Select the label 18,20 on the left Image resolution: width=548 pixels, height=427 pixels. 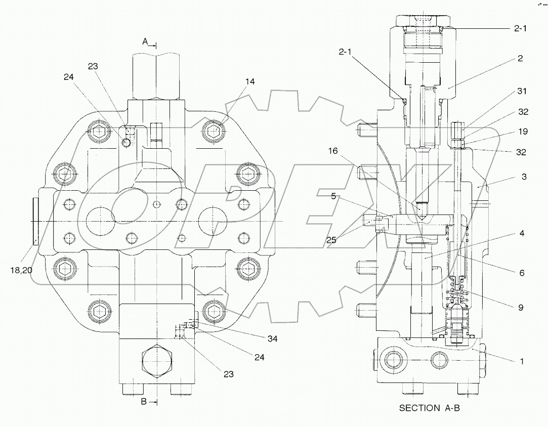click(21, 270)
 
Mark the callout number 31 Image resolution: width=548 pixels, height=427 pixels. click(522, 91)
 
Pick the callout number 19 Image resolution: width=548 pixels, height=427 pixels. click(523, 132)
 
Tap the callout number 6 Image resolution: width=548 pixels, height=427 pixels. click(521, 273)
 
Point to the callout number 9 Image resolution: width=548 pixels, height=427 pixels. click(521, 307)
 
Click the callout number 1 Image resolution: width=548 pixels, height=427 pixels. click(522, 361)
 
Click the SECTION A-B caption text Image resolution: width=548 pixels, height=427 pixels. click(429, 408)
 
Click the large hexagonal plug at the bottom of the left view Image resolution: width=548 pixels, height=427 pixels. click(158, 362)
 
